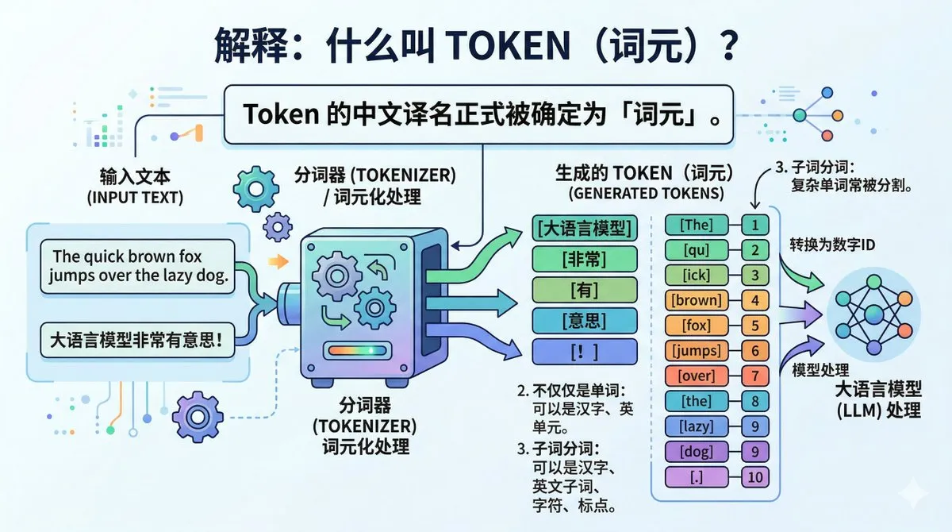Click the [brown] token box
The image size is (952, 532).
[x=697, y=301]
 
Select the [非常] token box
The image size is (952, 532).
[x=585, y=259]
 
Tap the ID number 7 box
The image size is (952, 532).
[x=755, y=376]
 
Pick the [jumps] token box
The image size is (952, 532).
[x=697, y=351]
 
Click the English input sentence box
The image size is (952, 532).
[x=137, y=266]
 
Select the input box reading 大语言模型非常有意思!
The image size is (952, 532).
[x=137, y=340]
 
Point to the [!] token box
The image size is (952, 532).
[x=585, y=352]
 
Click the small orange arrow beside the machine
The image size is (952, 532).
[x=278, y=261]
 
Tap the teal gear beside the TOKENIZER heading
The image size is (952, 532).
[x=256, y=189]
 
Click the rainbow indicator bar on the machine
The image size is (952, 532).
[x=358, y=351]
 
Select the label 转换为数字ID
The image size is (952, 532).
[x=832, y=245]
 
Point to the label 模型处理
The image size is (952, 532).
[x=820, y=370]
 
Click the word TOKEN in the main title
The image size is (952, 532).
[x=508, y=45]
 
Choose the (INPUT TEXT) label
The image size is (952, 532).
[x=135, y=198]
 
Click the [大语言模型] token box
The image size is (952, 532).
[x=585, y=228]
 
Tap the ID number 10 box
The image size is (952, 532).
[x=755, y=477]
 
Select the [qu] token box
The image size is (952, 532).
[x=697, y=250]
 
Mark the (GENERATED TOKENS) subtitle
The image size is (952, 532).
[x=646, y=194]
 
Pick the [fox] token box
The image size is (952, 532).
[x=697, y=326]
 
